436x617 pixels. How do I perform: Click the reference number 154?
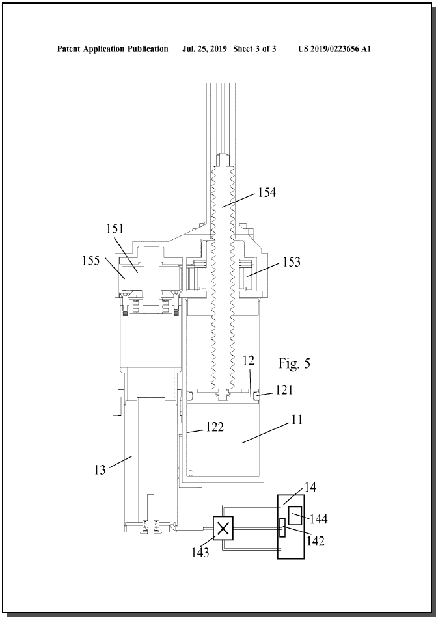pos(267,192)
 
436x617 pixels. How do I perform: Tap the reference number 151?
pos(115,229)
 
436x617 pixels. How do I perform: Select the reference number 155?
pos(91,261)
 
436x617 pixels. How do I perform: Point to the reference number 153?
pos(292,261)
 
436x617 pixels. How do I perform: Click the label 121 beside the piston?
pos(284,389)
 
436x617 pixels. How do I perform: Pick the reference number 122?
pos(215,427)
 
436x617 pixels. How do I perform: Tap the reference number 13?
pos(100,470)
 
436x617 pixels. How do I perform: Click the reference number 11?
pos(297,419)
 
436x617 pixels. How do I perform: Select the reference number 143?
pos(200,553)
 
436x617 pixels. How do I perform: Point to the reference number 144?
pos(318,519)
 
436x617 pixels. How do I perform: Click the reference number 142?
pos(316,541)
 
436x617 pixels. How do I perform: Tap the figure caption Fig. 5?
pos(294,363)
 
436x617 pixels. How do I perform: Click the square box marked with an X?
pos(223,528)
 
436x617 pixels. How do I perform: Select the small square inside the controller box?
pos(295,516)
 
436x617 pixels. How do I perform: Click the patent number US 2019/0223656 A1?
pos(334,49)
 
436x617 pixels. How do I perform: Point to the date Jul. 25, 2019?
pos(204,49)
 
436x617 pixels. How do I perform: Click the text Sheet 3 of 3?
pos(254,49)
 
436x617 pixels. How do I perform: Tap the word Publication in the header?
pos(148,49)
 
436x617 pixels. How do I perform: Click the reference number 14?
pos(310,487)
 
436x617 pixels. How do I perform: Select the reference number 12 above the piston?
pos(249,361)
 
